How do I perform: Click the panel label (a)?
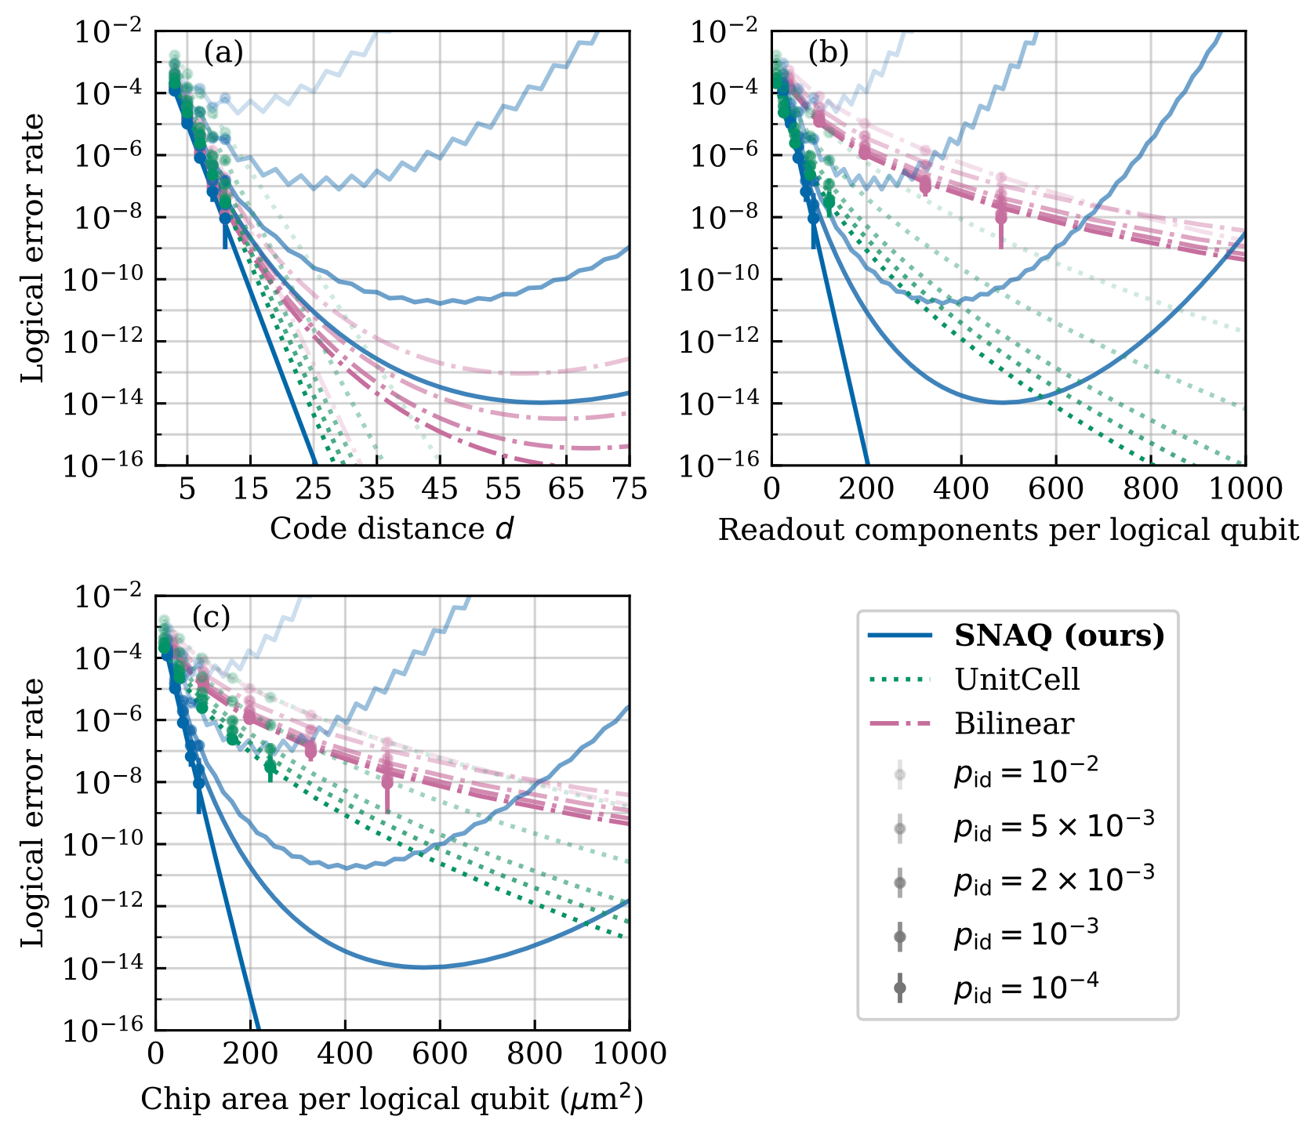coord(223,53)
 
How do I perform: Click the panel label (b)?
coord(829,53)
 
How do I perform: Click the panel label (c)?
coord(211,618)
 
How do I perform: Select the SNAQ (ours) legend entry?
coord(1059,636)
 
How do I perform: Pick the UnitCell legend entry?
coord(1017,680)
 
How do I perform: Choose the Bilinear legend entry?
coord(1014,723)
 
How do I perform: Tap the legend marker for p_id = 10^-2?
coord(900,774)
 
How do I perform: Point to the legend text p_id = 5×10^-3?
coord(1054,825)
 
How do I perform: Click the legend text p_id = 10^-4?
coord(1025,988)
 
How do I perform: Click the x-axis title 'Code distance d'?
coord(392,529)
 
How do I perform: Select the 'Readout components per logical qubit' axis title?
coord(1008,530)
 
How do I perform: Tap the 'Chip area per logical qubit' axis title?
coord(392,1100)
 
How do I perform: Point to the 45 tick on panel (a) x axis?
coord(439,489)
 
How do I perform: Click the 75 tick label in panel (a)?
coord(629,489)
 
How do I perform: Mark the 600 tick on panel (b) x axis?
coord(1056,489)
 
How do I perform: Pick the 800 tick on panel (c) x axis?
coord(534,1053)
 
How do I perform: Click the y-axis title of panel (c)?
coord(33,813)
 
